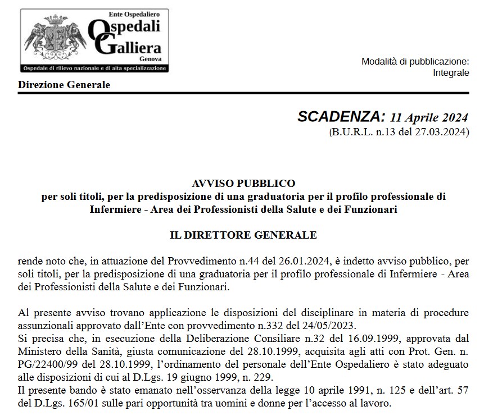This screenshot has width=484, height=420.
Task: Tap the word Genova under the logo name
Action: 151,58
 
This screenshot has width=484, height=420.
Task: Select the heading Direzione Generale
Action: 64,85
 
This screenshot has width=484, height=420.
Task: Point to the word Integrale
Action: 451,72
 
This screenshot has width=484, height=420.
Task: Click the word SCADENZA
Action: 341,117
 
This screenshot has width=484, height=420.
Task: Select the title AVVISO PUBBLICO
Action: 243,183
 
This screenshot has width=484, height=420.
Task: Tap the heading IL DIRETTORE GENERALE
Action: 243,235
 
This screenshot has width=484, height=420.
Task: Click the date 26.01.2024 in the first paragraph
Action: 309,261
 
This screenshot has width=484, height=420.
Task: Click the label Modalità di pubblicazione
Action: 415,61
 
